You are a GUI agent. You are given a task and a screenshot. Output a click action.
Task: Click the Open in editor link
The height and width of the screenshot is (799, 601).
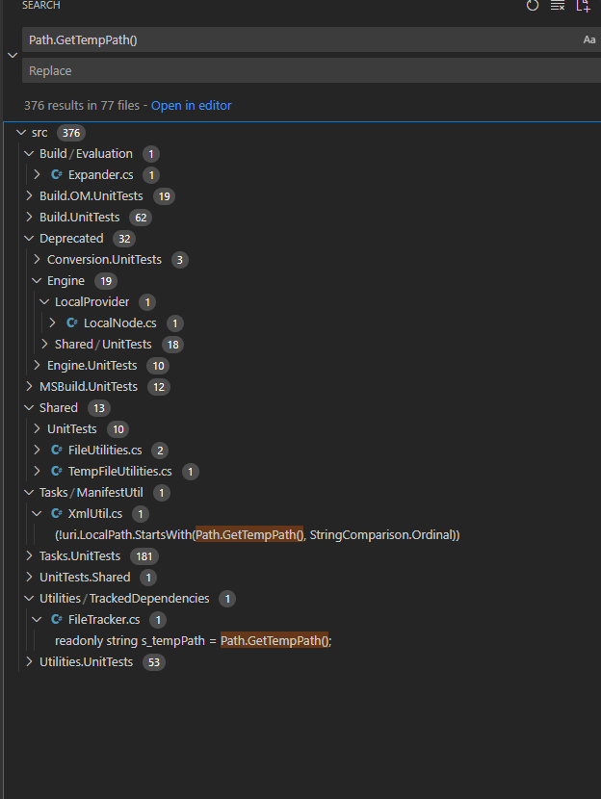coord(191,105)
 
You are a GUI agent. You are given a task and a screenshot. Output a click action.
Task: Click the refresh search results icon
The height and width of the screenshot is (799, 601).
coord(533,6)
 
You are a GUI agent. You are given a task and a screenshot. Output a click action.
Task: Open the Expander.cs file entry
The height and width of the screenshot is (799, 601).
coord(100,174)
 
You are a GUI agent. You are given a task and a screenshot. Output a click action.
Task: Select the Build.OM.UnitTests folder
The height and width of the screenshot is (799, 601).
coord(92,195)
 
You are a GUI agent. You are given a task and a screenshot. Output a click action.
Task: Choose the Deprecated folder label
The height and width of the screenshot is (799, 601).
coord(71,238)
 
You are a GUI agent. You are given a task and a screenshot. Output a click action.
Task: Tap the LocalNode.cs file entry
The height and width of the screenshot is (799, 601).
coord(119,322)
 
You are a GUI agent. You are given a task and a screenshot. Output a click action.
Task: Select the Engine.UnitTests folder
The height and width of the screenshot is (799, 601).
coord(91,365)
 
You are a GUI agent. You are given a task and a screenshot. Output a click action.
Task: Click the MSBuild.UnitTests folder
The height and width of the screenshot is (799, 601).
coord(89,386)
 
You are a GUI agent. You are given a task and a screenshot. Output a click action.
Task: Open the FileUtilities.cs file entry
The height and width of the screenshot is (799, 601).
coord(105,450)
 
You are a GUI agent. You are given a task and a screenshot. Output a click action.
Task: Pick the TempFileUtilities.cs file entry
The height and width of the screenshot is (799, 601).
coord(119,471)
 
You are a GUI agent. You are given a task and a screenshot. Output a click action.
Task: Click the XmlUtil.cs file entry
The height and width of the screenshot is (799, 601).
coord(95,513)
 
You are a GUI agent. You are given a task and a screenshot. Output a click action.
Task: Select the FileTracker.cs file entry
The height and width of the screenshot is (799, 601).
coord(104,619)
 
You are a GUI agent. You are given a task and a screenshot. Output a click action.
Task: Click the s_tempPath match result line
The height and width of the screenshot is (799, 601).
coord(193,640)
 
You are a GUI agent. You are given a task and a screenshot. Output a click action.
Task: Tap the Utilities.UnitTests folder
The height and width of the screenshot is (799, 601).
coord(86,661)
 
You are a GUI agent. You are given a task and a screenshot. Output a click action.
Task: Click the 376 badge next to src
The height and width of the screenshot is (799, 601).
coord(71,133)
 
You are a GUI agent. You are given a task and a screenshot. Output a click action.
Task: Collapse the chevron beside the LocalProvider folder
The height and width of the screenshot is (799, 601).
coord(44,301)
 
